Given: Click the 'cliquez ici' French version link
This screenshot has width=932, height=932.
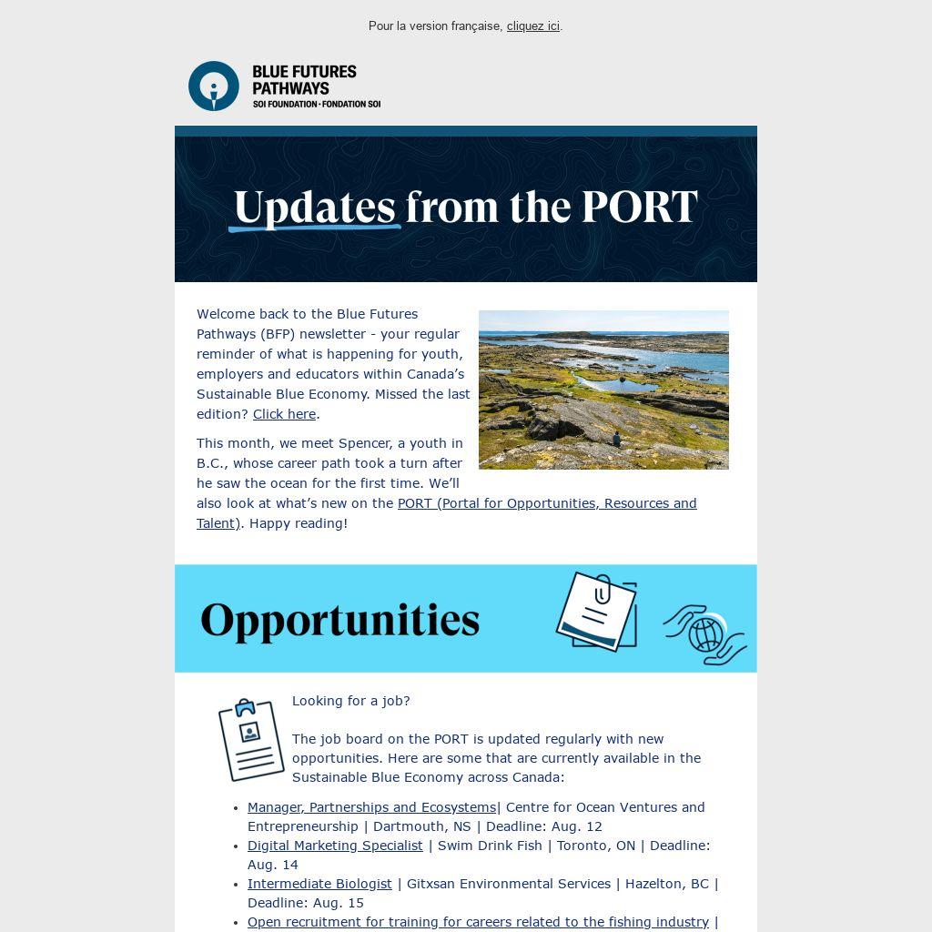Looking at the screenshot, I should click(532, 26).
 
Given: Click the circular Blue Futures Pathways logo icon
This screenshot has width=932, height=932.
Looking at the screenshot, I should click(214, 86).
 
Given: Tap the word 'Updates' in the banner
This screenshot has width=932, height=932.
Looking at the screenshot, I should click(314, 208).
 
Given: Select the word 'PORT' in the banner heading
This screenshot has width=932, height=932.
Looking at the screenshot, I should click(639, 208).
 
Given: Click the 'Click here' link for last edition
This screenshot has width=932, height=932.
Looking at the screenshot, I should click(284, 414).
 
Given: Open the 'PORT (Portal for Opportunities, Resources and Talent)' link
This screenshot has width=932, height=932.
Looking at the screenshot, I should click(546, 503).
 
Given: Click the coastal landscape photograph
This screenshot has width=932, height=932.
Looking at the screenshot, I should click(603, 390).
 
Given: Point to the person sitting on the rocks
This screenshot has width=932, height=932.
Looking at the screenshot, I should click(617, 440).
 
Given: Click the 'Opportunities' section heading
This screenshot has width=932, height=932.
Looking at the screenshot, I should click(339, 620).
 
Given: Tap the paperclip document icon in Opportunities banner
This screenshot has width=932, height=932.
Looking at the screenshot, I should click(596, 611).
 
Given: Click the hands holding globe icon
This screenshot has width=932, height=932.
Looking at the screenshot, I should click(705, 634).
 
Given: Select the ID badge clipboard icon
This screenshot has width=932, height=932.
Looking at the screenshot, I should click(251, 740).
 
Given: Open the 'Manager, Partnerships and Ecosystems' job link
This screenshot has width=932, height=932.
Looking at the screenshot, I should click(371, 807).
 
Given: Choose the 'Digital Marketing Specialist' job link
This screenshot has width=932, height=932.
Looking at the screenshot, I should click(335, 846).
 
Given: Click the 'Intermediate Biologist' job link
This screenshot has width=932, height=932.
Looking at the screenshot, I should click(319, 884).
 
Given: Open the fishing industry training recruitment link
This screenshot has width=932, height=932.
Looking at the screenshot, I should click(478, 922).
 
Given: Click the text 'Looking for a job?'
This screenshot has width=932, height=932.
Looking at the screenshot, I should click(350, 701).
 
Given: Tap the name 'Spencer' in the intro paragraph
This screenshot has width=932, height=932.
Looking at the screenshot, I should click(364, 443).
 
